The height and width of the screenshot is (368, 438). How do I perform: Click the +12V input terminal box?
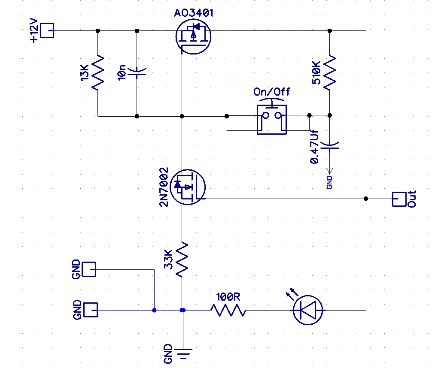tap(47, 30)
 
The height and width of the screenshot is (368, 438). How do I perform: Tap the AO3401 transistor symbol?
tap(193, 36)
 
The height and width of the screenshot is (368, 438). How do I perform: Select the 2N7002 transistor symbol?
tap(187, 187)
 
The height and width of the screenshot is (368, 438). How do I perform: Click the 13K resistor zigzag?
tap(98, 73)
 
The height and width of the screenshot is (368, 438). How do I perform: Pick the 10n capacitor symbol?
tap(137, 72)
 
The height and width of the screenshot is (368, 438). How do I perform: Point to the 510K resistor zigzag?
tap(330, 72)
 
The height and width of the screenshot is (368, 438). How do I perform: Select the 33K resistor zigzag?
tap(182, 259)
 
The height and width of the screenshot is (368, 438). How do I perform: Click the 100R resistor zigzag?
tap(228, 310)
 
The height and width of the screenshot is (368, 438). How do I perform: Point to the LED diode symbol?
tap(308, 310)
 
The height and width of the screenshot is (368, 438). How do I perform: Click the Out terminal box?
tap(399, 199)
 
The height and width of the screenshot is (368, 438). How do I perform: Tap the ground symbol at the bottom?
tap(183, 353)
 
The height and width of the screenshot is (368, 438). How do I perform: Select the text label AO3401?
tap(194, 13)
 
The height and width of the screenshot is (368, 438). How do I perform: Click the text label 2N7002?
tap(164, 187)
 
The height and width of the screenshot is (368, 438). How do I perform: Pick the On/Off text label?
tap(271, 91)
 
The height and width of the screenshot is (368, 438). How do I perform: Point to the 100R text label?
tap(228, 297)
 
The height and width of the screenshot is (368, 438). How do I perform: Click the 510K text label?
tap(316, 73)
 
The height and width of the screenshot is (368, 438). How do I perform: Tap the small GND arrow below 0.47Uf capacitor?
tap(330, 170)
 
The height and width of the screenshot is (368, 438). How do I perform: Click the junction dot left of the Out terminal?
tap(366, 199)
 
